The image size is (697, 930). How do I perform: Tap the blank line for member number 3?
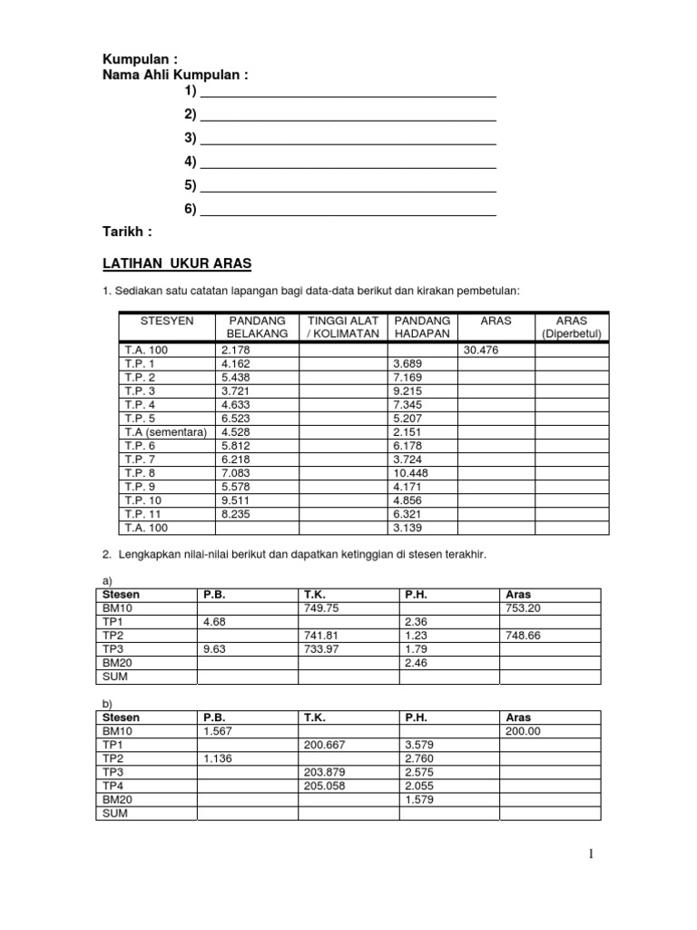click(x=348, y=138)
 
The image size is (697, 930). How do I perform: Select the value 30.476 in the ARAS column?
click(x=480, y=350)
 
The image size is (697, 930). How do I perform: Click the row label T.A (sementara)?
click(x=165, y=431)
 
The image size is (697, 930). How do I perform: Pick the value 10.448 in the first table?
click(x=411, y=473)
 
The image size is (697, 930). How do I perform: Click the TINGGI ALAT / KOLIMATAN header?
click(x=342, y=327)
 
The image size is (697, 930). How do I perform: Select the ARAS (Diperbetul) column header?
click(x=571, y=327)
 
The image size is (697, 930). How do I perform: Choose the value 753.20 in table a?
click(x=523, y=608)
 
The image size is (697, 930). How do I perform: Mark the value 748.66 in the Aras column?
click(x=523, y=636)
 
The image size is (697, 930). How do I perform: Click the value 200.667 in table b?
click(x=325, y=746)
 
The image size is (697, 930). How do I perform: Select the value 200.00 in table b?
click(x=523, y=731)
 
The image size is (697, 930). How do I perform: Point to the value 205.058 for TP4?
click(x=325, y=787)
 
